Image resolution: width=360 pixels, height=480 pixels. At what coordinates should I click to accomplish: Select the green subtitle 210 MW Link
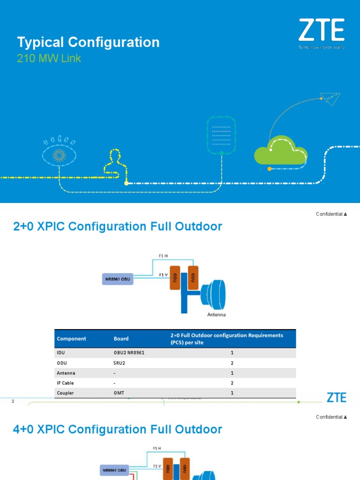coord(49,59)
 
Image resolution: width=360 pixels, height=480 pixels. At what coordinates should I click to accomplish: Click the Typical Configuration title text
coord(88,42)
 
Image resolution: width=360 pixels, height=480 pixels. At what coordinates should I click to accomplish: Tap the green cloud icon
coord(280,150)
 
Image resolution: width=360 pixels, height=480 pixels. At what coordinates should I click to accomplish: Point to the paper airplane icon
coord(330,99)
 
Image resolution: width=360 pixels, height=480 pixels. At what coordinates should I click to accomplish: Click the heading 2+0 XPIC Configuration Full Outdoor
coord(118,227)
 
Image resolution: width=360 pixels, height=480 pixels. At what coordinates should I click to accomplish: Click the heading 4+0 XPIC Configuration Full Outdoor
coord(118,429)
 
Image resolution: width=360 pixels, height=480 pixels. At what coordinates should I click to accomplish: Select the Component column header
coord(71,338)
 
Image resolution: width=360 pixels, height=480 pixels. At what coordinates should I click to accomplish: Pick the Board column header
coord(121,338)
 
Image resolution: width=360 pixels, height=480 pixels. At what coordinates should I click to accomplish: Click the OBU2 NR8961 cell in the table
coord(129,353)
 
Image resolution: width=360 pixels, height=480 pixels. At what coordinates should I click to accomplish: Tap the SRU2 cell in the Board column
coord(120,363)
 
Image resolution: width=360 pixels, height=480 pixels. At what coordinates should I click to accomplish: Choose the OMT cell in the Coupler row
coord(119,393)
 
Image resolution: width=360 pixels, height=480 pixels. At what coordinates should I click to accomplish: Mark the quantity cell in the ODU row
coord(232,363)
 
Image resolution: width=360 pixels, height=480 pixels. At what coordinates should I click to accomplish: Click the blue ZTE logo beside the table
coord(337,397)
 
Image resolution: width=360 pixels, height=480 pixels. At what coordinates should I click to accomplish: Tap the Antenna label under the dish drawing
coord(217,315)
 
